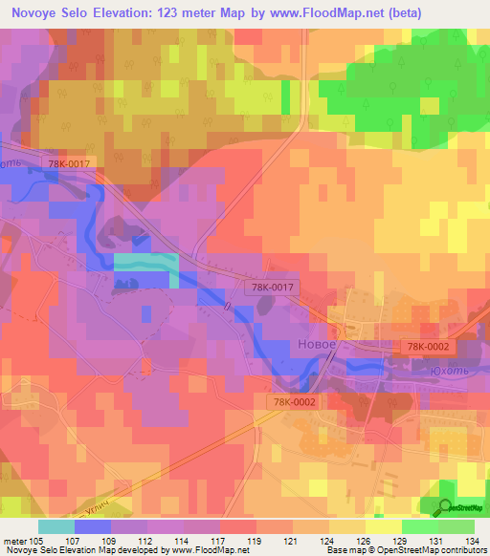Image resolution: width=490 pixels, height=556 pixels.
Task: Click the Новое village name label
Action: (316, 345)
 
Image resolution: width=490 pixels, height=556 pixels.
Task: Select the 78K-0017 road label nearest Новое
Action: (274, 287)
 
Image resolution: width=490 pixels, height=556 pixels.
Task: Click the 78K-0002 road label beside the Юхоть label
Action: (427, 346)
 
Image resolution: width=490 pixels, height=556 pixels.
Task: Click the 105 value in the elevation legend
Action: (37, 541)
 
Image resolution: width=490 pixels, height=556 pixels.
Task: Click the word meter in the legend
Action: (14, 541)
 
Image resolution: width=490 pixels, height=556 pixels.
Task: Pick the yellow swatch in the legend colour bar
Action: (383, 526)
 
